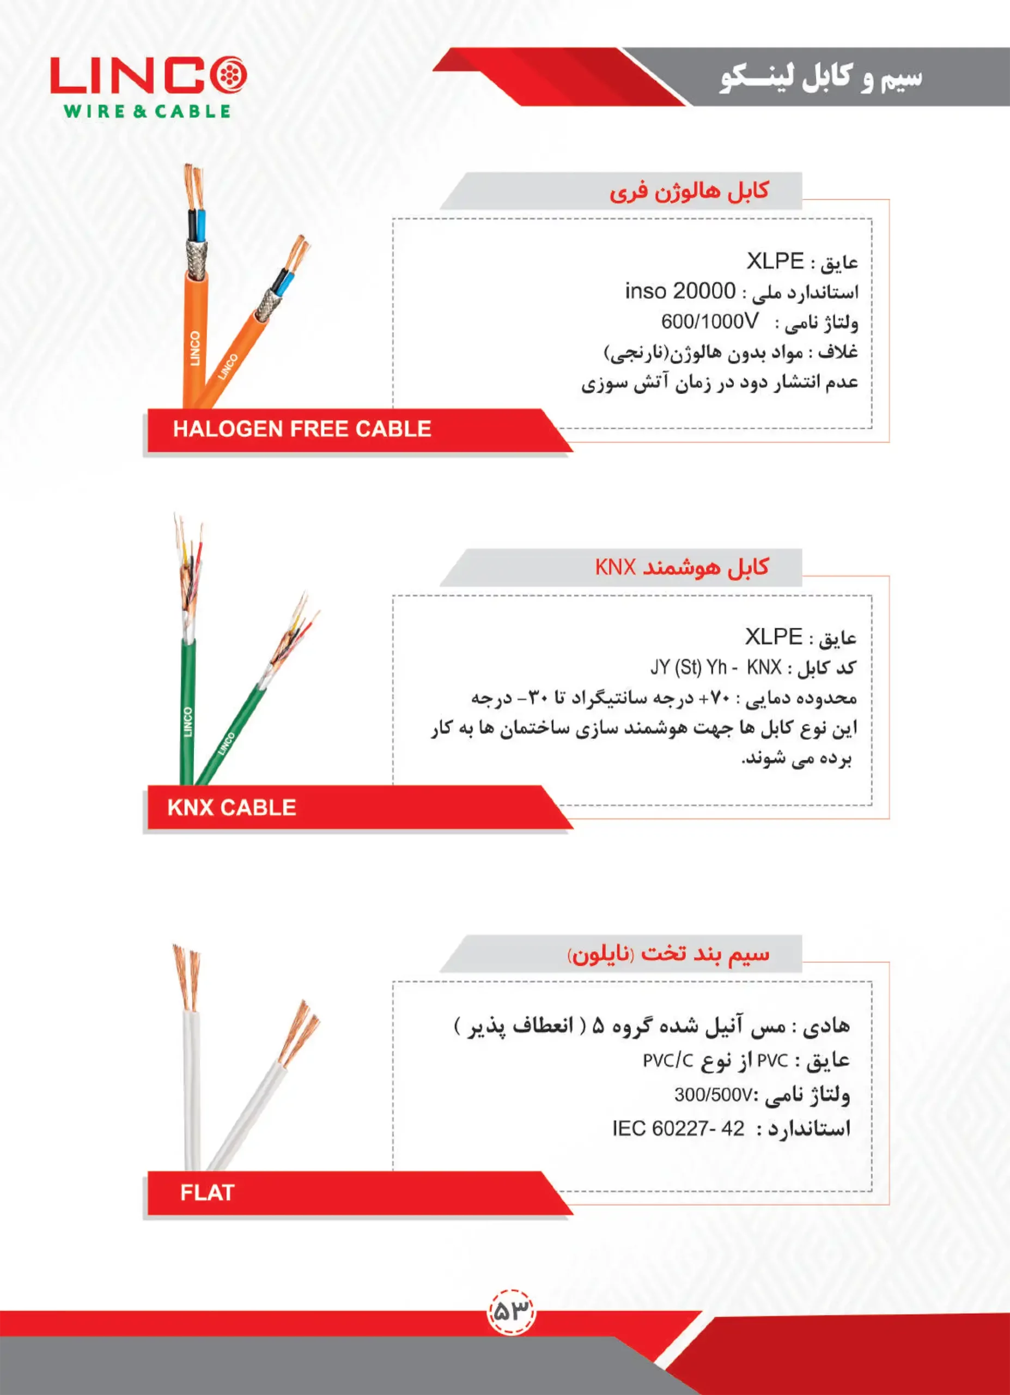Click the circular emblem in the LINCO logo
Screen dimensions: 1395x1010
[x=229, y=75]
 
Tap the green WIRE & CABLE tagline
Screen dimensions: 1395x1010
[x=147, y=111]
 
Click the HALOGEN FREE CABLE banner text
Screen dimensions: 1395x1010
[x=302, y=429]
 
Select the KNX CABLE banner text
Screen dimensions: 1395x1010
[x=232, y=807]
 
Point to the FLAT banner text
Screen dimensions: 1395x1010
[x=207, y=1193]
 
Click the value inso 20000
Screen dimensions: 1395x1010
[x=680, y=291]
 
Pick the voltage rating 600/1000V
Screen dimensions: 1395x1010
[x=709, y=321]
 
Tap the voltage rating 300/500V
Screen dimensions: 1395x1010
[x=713, y=1095]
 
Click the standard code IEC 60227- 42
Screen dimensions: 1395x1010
[x=678, y=1129]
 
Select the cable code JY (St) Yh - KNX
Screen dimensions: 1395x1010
[x=715, y=668]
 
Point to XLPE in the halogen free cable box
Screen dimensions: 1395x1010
[x=775, y=262]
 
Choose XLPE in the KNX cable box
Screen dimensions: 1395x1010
[x=774, y=636]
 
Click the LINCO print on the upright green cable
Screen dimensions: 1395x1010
[x=188, y=721]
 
